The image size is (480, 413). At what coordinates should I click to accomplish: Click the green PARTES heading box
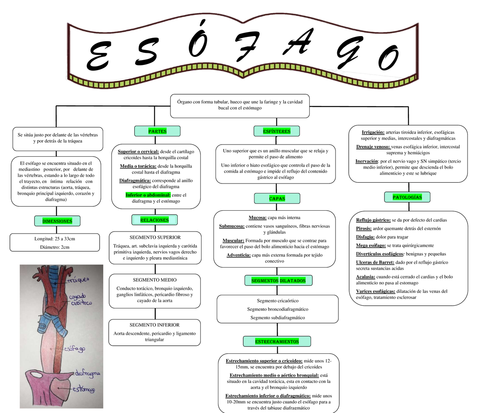point(157,131)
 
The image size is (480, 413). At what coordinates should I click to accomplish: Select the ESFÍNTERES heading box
point(277,131)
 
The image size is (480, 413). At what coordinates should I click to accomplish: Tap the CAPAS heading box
point(277,198)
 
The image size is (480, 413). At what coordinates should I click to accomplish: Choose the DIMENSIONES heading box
point(57,221)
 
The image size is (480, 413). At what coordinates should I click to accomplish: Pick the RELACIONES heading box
point(154,220)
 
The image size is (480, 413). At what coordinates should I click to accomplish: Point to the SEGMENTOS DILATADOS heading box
point(278,281)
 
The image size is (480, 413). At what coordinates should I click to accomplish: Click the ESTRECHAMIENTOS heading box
point(277,341)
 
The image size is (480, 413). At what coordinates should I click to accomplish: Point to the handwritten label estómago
point(84,389)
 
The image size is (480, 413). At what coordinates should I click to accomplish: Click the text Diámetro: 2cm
point(55,247)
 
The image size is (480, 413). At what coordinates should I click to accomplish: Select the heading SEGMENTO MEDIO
point(154,280)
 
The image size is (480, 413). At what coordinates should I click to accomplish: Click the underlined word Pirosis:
point(364,228)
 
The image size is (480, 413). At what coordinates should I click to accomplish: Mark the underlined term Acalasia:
point(365,277)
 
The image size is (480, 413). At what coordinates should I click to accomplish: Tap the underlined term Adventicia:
point(238,255)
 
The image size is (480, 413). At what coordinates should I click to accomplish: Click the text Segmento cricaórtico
point(278,300)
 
